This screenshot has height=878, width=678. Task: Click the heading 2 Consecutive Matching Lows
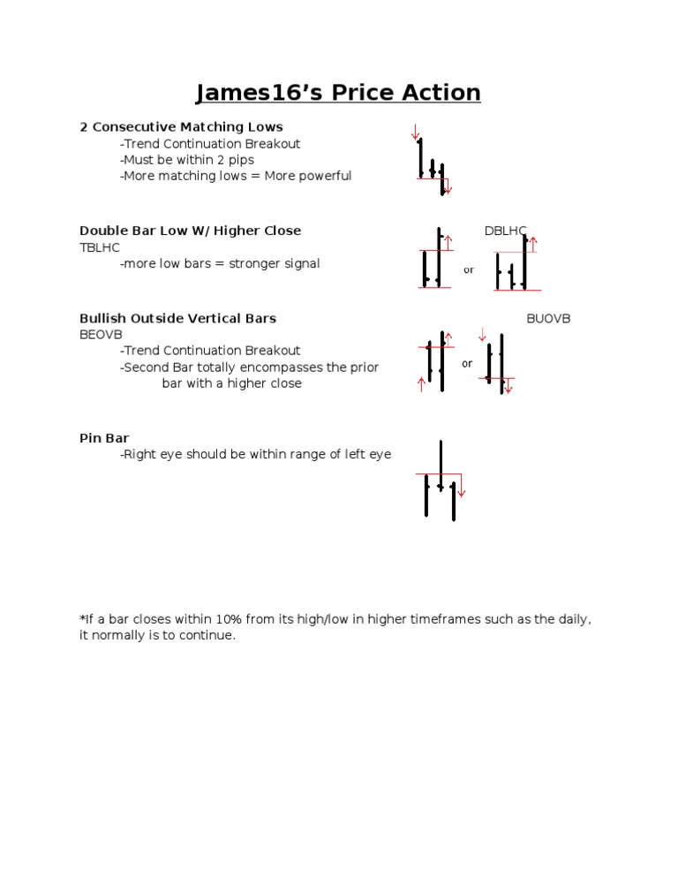click(181, 127)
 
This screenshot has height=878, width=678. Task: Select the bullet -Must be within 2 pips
click(187, 160)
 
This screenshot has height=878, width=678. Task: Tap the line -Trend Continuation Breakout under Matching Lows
click(210, 144)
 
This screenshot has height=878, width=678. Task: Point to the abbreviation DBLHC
click(505, 231)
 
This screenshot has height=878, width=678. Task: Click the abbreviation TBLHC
click(100, 247)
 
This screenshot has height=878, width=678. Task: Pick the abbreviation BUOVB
click(548, 318)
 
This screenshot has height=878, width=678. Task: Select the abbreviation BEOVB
click(101, 334)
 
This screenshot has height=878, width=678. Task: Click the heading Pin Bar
click(104, 438)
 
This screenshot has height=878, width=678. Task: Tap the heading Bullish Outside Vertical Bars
click(177, 318)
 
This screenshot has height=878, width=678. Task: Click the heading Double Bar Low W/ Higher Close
click(190, 231)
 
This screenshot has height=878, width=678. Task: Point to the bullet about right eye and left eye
click(255, 455)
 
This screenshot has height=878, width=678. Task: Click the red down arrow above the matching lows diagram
click(415, 132)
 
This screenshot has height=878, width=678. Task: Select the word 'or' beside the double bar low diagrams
click(469, 270)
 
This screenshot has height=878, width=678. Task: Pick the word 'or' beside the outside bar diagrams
click(467, 363)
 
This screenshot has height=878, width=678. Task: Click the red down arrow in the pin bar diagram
click(461, 488)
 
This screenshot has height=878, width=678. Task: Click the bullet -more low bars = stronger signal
click(220, 263)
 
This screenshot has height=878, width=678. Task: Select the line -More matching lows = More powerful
click(236, 176)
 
